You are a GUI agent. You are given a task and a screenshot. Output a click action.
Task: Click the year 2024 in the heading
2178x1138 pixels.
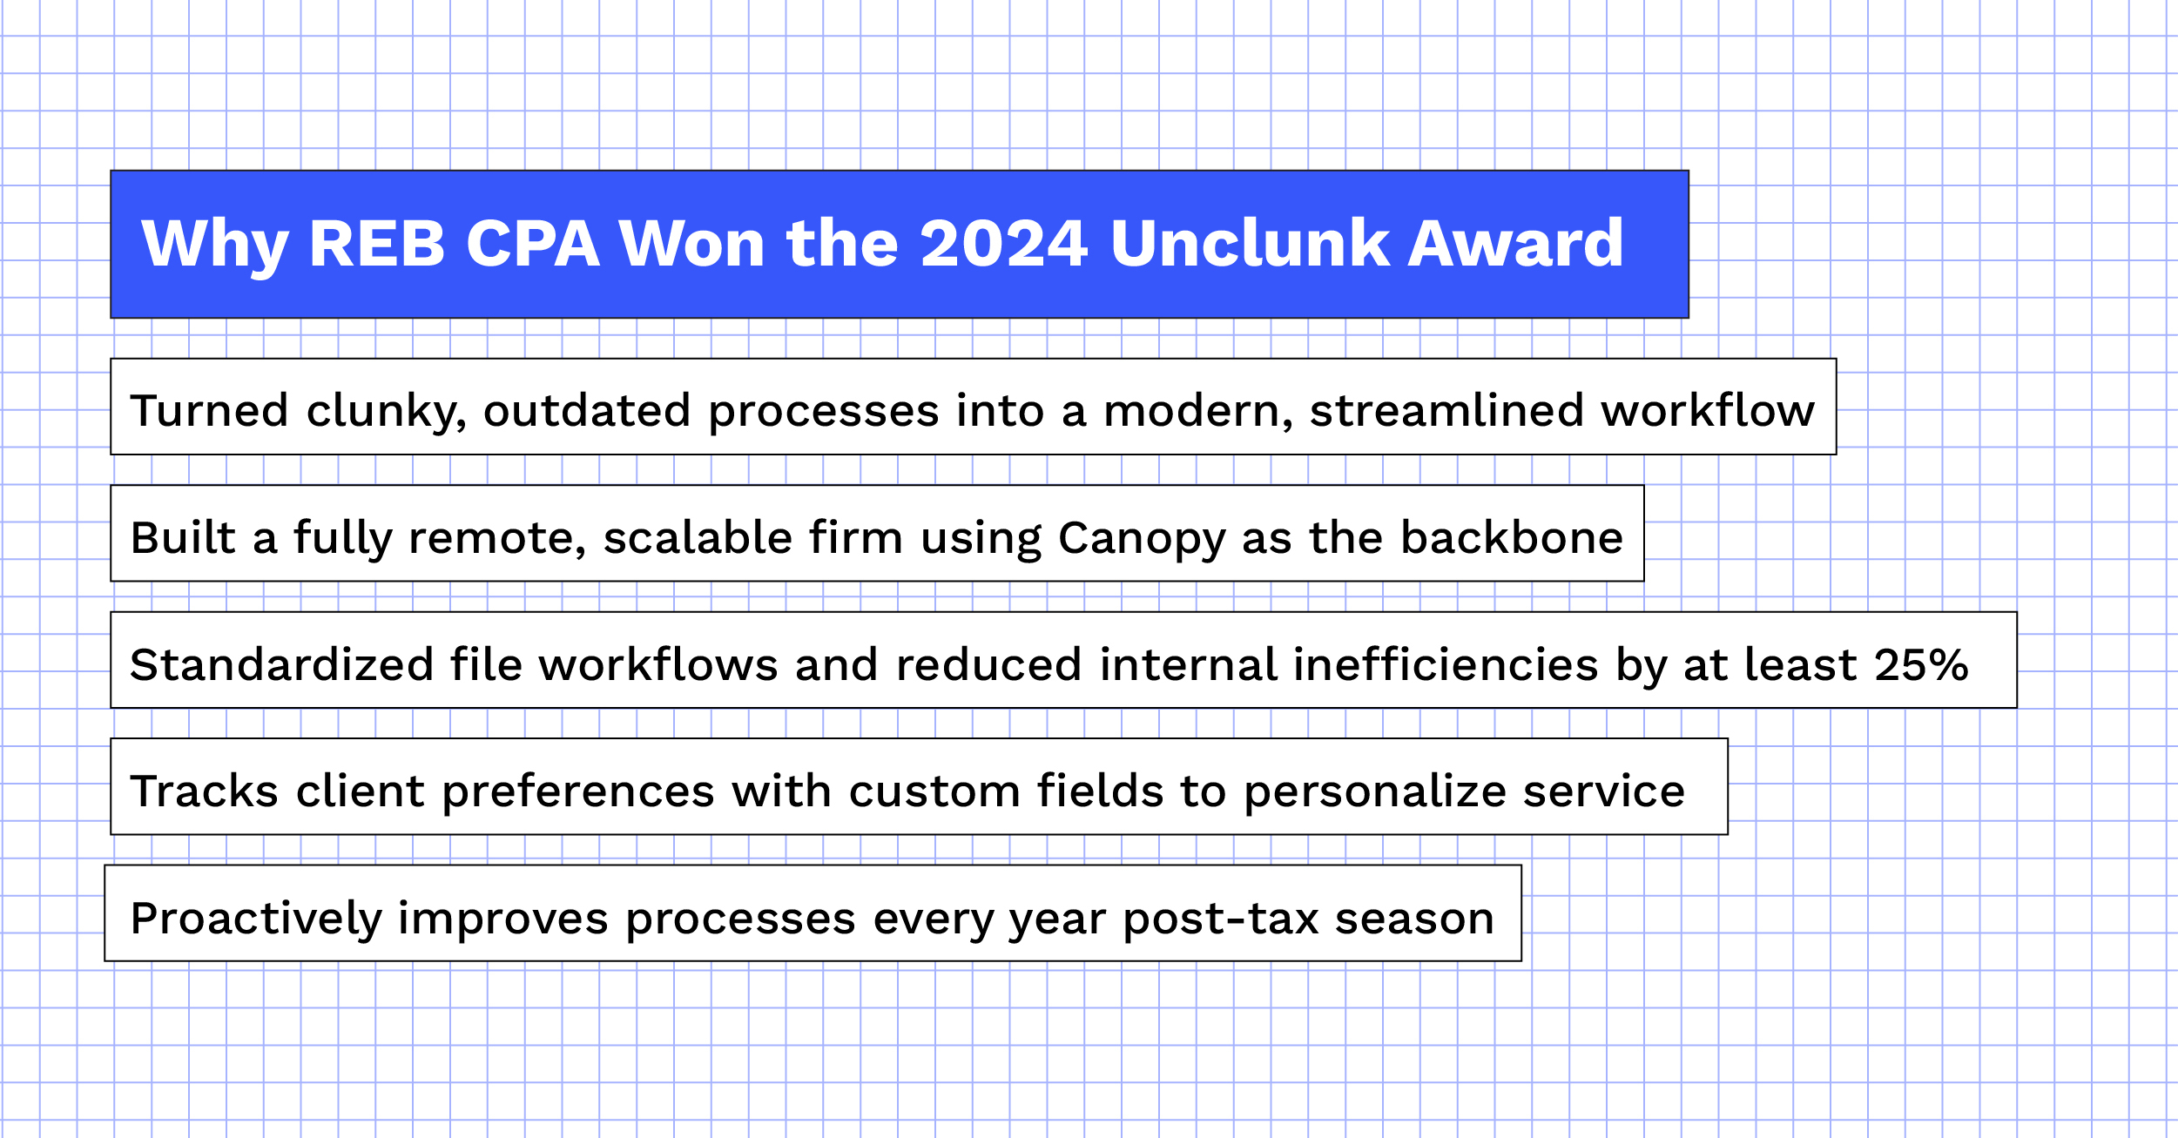[1004, 243]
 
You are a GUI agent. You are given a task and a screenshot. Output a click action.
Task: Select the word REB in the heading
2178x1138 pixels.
[377, 243]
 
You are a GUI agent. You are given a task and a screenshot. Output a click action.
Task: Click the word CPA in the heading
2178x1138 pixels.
[533, 243]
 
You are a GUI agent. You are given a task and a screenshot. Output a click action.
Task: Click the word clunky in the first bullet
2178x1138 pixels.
[387, 411]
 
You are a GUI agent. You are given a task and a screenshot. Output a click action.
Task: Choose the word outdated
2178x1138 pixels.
[587, 410]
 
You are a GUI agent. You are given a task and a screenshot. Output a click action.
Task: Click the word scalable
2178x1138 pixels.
[698, 537]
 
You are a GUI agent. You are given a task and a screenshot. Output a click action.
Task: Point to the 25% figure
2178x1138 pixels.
[1921, 665]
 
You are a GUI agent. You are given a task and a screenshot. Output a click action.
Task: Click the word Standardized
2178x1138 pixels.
[281, 664]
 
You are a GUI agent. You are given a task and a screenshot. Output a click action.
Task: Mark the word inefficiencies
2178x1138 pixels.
[1446, 664]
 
